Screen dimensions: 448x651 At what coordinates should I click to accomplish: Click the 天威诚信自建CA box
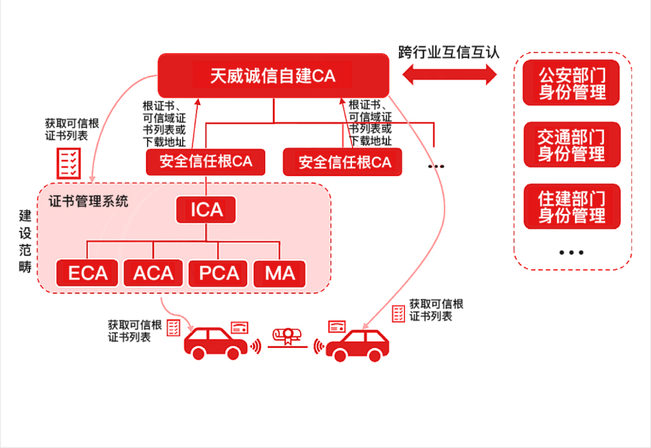(x=273, y=75)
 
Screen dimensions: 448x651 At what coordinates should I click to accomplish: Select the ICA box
(x=206, y=210)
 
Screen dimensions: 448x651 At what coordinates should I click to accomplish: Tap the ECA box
(x=87, y=273)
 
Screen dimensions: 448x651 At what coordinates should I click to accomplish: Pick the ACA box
(x=153, y=273)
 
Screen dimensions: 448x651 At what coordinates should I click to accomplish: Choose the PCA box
(x=219, y=273)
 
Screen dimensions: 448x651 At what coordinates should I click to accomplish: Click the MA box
(x=280, y=273)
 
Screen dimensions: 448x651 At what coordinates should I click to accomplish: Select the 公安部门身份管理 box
(x=571, y=83)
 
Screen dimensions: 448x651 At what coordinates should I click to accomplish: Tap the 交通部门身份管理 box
(x=571, y=145)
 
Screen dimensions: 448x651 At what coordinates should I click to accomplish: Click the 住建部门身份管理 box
(x=571, y=206)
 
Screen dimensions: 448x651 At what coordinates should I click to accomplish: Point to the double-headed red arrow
(x=449, y=75)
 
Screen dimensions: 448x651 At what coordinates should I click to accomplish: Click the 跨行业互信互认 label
(x=449, y=51)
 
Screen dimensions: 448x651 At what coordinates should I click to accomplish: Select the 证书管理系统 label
(x=88, y=201)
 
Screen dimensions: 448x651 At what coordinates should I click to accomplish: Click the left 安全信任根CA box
(x=206, y=162)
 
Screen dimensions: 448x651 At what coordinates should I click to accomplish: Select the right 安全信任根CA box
(x=342, y=162)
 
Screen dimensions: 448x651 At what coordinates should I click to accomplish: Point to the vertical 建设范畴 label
(x=25, y=241)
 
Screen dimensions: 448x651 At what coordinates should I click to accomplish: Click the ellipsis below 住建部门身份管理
(x=571, y=253)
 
